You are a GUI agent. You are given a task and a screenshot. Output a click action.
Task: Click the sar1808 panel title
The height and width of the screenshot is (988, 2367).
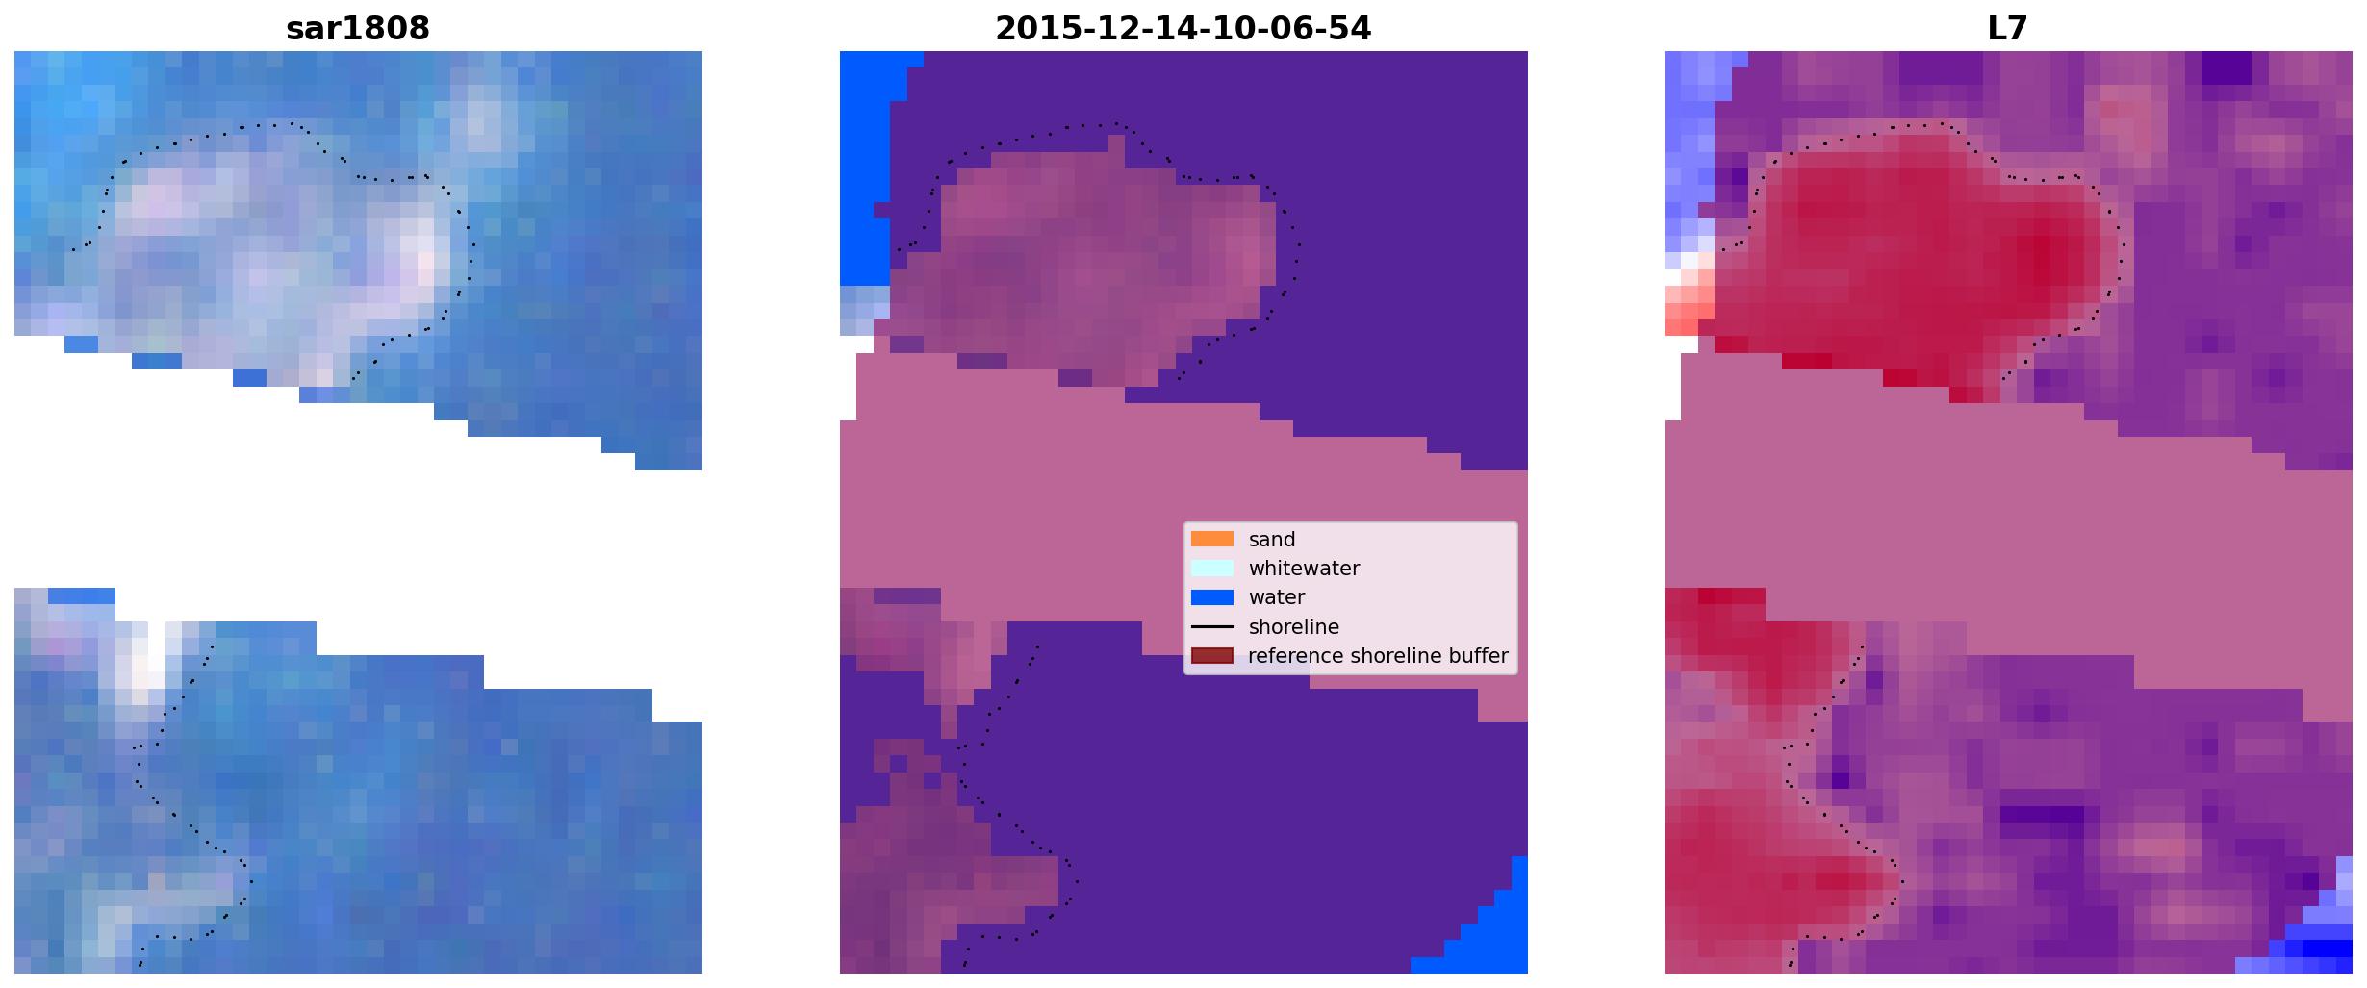358,28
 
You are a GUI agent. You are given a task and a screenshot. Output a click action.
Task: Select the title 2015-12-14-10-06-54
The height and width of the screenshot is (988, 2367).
1183,28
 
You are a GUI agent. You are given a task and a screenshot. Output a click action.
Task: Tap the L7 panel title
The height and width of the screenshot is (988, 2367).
2007,28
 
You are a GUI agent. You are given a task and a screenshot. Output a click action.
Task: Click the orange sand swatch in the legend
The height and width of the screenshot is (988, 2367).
1211,539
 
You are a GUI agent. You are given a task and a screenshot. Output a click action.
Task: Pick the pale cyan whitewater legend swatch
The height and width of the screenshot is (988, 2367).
1211,568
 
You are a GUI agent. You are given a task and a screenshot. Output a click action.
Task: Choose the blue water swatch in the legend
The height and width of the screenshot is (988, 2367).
1211,597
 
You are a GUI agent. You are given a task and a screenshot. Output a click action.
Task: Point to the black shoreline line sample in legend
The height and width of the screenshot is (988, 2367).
1211,626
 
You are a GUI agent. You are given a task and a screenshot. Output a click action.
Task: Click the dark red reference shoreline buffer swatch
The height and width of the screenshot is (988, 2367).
1211,655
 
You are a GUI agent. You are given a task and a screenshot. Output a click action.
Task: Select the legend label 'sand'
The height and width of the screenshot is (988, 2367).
1272,540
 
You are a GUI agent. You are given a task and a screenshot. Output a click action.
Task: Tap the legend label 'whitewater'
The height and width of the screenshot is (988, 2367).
1304,569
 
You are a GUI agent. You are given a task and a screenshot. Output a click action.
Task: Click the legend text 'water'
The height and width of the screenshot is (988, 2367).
1277,597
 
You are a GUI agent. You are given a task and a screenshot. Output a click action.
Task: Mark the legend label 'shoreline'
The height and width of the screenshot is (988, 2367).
1294,627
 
